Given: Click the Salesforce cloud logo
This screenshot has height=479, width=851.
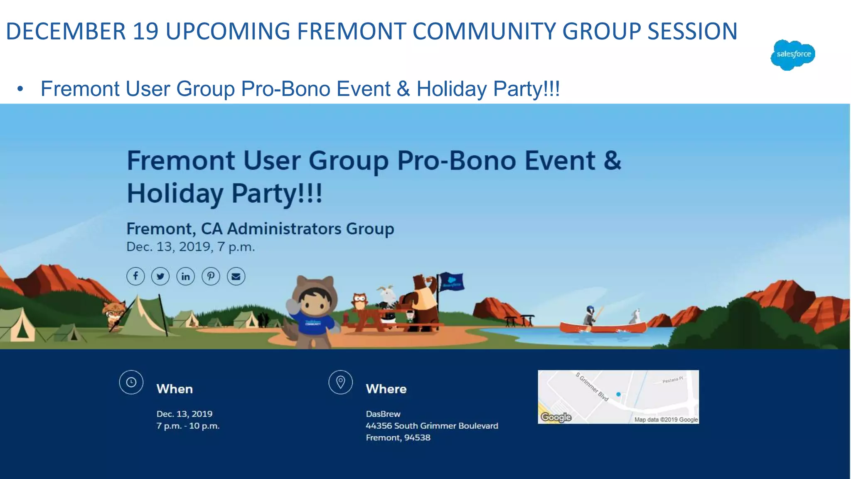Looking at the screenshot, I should click(792, 54).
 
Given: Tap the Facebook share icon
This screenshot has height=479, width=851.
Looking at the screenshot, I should click(135, 276).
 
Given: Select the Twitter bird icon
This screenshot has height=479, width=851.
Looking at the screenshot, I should click(160, 276).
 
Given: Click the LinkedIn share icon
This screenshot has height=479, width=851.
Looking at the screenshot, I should click(186, 276).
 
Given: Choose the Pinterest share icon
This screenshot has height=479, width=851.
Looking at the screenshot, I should click(211, 276).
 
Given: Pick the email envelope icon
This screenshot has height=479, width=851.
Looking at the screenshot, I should click(236, 276).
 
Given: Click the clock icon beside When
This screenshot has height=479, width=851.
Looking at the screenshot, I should click(131, 382).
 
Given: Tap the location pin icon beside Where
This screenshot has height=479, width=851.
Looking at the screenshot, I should click(340, 382).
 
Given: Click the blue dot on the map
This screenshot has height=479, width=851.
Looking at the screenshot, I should click(618, 394).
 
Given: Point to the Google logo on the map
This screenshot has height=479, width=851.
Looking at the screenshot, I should click(556, 417).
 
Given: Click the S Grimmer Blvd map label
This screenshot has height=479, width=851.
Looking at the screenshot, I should click(592, 387).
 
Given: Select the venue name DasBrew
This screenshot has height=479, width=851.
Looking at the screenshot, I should click(383, 414).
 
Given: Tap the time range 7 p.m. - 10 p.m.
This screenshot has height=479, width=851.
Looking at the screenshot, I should click(188, 426).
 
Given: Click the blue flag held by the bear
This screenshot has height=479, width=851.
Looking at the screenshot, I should click(452, 282).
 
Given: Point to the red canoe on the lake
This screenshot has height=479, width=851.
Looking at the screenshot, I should click(603, 327).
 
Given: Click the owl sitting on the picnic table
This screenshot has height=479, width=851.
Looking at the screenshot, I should click(359, 301).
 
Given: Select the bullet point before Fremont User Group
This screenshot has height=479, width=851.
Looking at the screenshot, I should click(20, 89).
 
